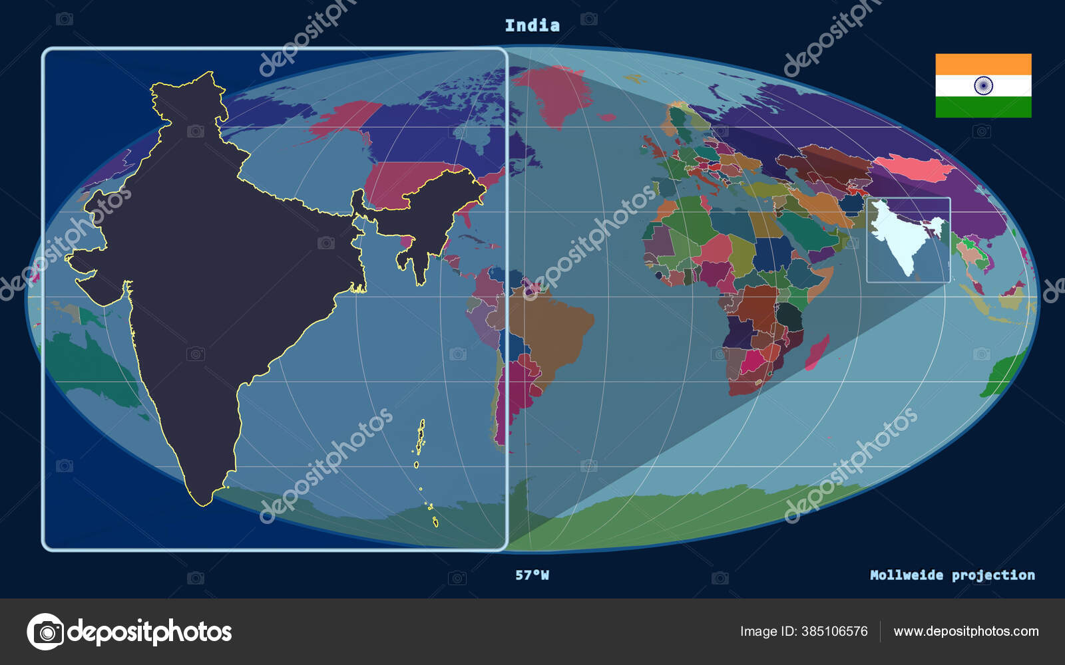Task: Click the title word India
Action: point(532,26)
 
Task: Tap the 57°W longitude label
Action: point(532,575)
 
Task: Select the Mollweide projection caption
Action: point(952,575)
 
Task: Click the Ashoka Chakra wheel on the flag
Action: point(983,86)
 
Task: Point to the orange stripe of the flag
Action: point(983,65)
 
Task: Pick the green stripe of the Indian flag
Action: point(983,107)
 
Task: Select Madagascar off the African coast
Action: point(817,352)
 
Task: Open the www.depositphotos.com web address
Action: point(966,631)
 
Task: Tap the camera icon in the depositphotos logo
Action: point(45,632)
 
